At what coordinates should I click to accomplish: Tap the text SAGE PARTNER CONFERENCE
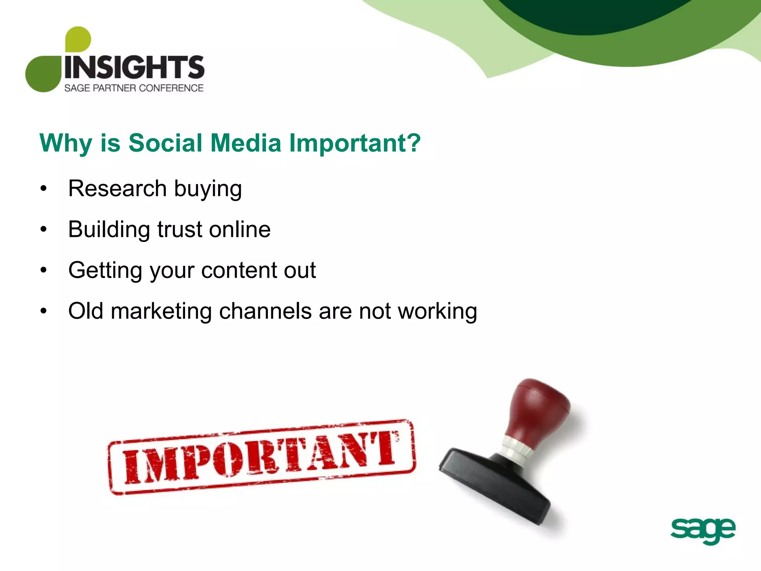tap(134, 88)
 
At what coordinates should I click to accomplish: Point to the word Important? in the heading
tap(355, 143)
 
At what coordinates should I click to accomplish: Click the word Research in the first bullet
tap(117, 188)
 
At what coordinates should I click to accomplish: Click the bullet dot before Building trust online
tap(44, 229)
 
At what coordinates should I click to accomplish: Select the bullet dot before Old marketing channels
tap(44, 311)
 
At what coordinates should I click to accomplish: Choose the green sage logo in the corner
tap(703, 530)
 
